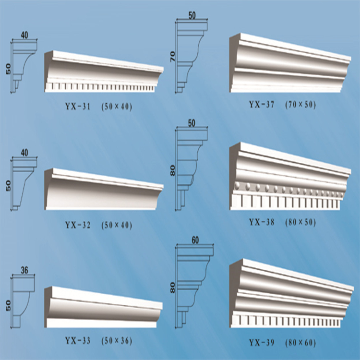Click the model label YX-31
tap(78, 107)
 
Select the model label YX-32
tap(78, 225)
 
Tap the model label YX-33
tap(78, 340)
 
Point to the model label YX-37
tap(262, 105)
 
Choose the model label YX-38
tap(262, 222)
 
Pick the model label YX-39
tap(262, 343)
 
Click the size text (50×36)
tap(117, 340)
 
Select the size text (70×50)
tap(300, 105)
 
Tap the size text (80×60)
tap(300, 343)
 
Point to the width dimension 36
tap(24, 270)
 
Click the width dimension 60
tap(195, 240)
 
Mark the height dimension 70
tap(173, 57)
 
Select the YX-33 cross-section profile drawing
tap(24, 302)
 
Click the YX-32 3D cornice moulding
tap(104, 189)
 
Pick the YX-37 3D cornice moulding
tap(290, 63)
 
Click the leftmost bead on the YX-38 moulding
tap(237, 186)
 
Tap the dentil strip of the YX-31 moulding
tap(100, 87)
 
